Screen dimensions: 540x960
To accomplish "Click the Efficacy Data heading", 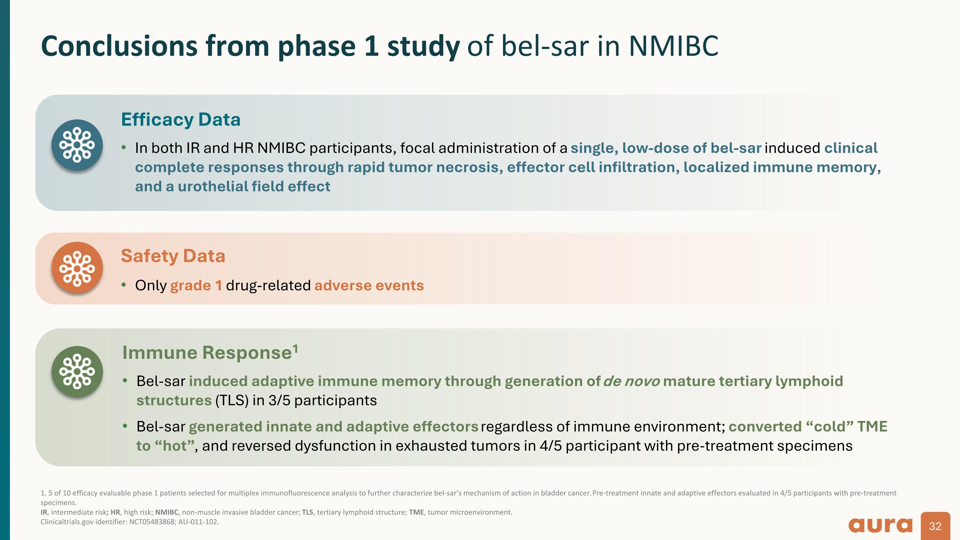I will [181, 120].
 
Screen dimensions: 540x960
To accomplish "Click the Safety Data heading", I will [173, 256].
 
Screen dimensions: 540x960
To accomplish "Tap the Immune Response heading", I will [207, 352].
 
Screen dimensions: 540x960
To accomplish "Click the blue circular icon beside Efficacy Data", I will [77, 145].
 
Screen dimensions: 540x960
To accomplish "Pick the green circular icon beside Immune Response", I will [77, 372].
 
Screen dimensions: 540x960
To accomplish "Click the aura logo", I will [880, 526].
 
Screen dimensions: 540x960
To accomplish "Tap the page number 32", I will [935, 526].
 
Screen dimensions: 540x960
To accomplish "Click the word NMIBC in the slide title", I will [673, 46].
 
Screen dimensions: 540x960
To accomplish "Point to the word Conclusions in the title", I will [119, 46].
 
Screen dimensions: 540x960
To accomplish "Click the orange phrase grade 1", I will [196, 286].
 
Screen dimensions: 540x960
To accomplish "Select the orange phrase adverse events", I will [369, 286].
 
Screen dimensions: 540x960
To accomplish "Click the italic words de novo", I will [631, 381].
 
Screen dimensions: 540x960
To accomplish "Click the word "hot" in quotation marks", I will [175, 446].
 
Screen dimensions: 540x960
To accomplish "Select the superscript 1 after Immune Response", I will [296, 348].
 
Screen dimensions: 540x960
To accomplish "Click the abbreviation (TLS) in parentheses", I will [232, 401].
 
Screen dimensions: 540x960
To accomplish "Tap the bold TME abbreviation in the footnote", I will [416, 512].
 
